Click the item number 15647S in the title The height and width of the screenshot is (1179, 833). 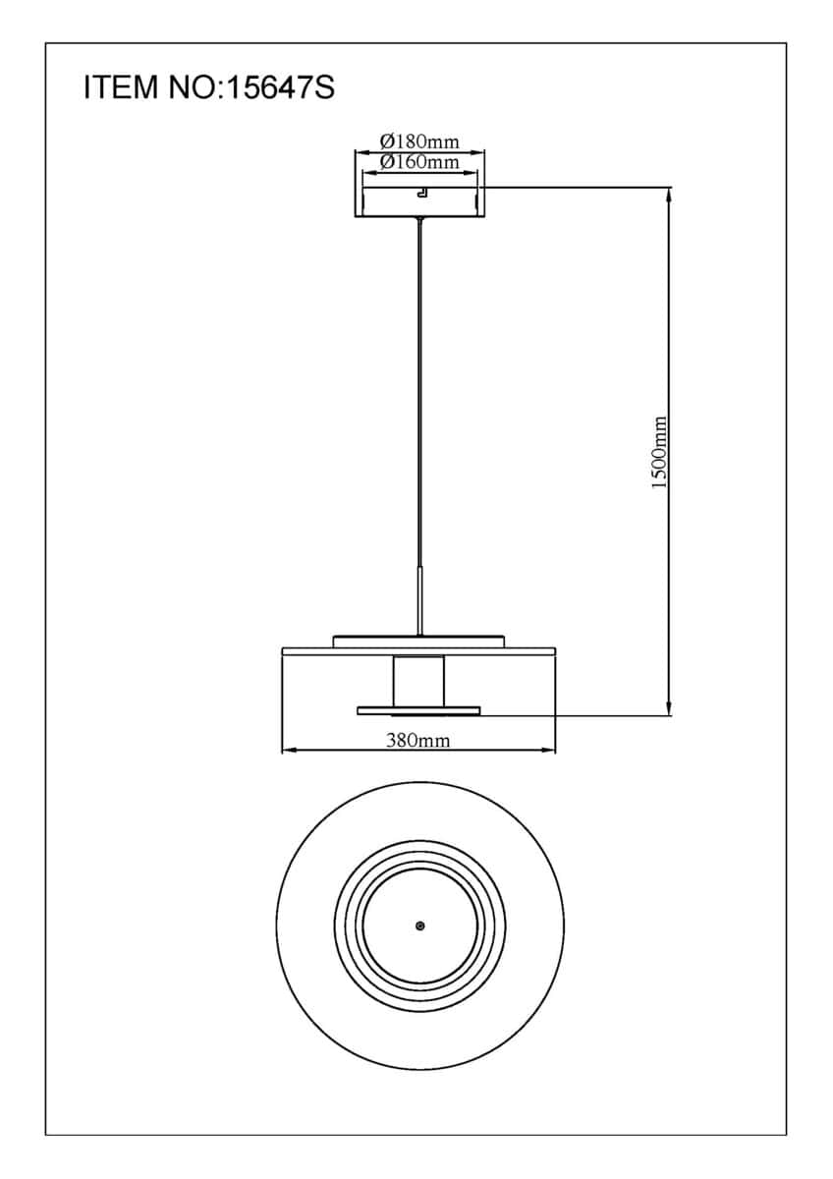281,87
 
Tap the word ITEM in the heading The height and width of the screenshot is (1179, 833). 121,87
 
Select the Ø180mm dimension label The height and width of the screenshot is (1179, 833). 419,141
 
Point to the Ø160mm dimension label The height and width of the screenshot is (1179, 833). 419,161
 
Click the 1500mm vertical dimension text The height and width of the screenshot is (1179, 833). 659,453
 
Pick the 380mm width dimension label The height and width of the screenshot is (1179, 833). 418,741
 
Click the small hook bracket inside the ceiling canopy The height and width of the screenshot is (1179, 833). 422,193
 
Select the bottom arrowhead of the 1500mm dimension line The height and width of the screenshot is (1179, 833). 669,708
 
